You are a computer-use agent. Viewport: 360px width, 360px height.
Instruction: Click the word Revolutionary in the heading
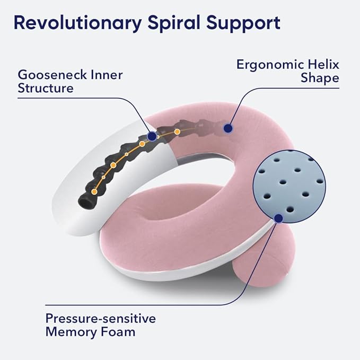[76, 23]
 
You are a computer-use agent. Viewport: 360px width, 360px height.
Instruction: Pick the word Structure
[46, 88]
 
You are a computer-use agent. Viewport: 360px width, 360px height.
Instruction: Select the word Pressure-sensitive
[100, 319]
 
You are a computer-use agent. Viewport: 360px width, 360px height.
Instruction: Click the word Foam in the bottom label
[120, 332]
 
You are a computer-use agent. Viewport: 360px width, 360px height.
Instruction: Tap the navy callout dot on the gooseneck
[152, 136]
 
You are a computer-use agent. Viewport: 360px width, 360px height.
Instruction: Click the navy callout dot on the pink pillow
[228, 128]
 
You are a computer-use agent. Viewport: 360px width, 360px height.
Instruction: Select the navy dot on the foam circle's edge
[278, 216]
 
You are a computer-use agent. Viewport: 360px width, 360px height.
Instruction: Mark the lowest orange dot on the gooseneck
[94, 191]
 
